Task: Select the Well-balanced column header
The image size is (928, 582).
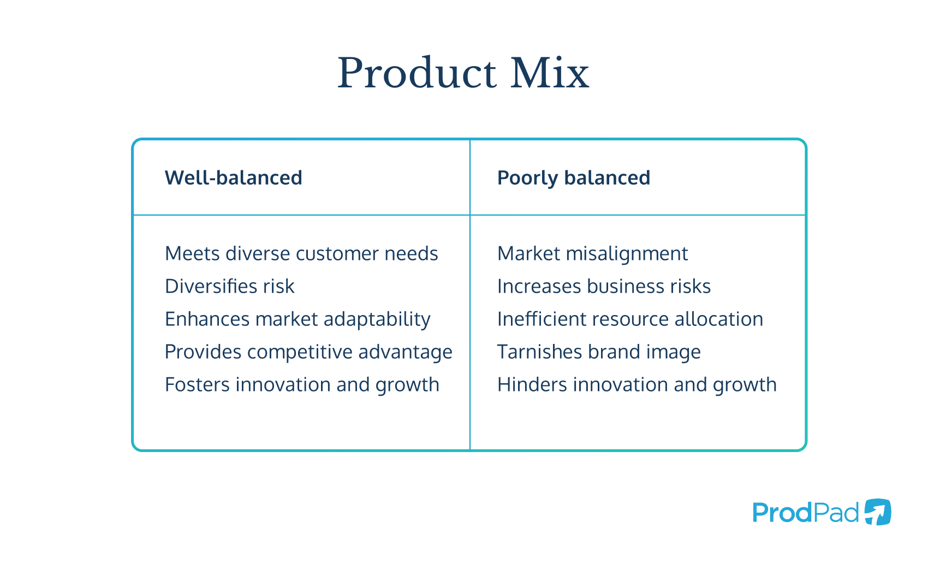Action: click(x=233, y=178)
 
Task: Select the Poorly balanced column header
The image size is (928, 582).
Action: click(x=573, y=178)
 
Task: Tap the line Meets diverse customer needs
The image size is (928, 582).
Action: click(x=301, y=254)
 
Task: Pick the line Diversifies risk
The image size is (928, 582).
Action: click(x=229, y=287)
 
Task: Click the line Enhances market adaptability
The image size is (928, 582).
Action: click(x=298, y=319)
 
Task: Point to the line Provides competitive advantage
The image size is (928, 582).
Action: click(x=308, y=352)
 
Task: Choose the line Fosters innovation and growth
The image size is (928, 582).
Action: click(x=302, y=385)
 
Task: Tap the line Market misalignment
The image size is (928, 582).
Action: click(x=592, y=254)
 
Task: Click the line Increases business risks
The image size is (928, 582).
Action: click(x=604, y=287)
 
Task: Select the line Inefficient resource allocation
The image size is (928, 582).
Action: click(x=630, y=319)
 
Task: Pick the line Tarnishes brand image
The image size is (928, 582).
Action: click(x=599, y=352)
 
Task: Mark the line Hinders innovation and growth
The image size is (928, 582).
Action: click(x=636, y=385)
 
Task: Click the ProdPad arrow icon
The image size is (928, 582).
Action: click(x=877, y=512)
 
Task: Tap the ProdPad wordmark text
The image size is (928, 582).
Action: click(x=805, y=513)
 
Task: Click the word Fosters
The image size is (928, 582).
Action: click(x=197, y=385)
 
